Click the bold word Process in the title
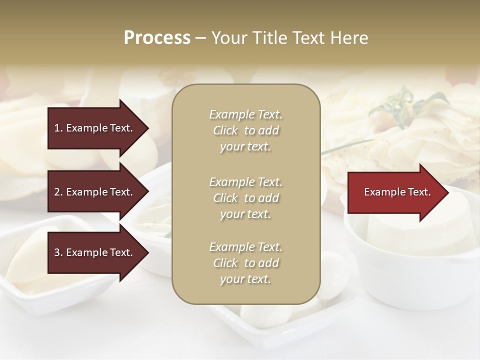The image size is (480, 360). point(157,38)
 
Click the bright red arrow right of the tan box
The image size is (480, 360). point(395,192)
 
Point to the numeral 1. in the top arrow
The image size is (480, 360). point(58,128)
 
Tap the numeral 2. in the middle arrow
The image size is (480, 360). point(58,192)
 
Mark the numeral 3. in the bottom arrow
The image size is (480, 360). point(58,252)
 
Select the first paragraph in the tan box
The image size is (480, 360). point(245,130)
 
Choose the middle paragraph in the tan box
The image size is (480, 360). point(245,198)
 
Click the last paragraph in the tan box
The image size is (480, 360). point(245,263)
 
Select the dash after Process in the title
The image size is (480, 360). point(201,38)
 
